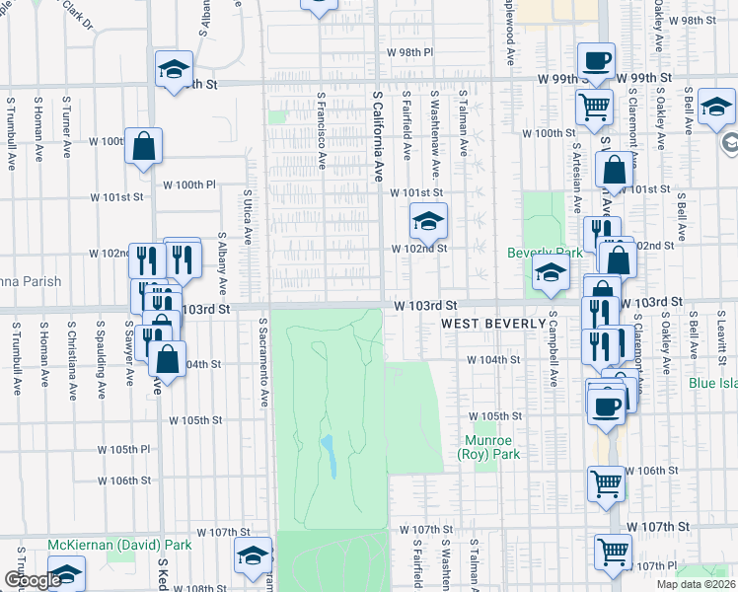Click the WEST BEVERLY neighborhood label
click(x=492, y=324)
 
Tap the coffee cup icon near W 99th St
click(x=595, y=61)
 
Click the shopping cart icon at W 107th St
click(x=613, y=553)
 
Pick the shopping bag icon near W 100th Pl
click(x=143, y=147)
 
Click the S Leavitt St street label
click(x=722, y=331)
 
